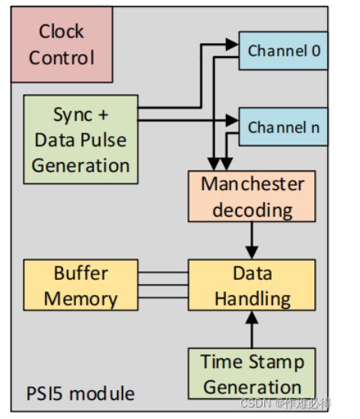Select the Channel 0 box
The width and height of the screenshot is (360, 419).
click(283, 52)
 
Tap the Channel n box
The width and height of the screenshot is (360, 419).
click(283, 127)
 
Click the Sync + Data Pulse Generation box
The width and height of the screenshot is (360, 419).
click(81, 139)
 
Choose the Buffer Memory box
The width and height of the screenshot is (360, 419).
click(81, 286)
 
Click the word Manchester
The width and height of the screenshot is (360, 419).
click(241, 184)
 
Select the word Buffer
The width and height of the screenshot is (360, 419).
click(81, 273)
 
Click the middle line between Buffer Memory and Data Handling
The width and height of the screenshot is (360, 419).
click(163, 286)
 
